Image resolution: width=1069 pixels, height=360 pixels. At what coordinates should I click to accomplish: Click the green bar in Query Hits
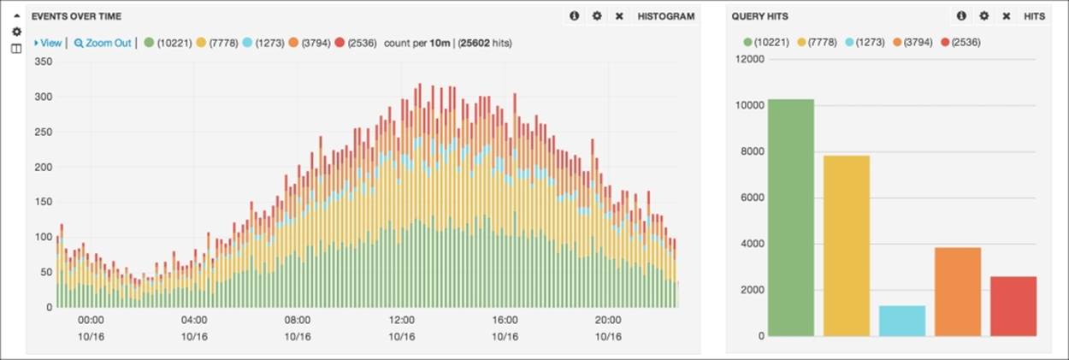[790, 218]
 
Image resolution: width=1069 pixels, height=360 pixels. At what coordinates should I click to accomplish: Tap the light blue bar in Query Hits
[901, 321]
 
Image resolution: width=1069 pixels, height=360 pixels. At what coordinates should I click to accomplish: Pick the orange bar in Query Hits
[957, 292]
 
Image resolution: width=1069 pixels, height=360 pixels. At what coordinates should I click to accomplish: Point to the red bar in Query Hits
[1013, 306]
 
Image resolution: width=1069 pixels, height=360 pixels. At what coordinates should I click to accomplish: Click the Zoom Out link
[103, 43]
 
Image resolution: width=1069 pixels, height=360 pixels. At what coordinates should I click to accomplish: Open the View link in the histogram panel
[48, 43]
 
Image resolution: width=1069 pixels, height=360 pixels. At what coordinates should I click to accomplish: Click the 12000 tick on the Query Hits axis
[749, 59]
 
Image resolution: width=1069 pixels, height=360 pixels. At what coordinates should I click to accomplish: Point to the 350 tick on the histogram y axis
[43, 62]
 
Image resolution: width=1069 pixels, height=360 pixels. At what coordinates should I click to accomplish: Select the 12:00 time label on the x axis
[401, 321]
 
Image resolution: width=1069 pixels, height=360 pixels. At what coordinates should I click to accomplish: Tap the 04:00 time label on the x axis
[194, 321]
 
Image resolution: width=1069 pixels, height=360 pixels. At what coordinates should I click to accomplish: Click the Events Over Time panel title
[76, 16]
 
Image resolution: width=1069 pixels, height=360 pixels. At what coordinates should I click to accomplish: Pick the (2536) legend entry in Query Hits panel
[960, 41]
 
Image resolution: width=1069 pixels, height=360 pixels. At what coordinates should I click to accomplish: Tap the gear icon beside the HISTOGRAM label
[597, 16]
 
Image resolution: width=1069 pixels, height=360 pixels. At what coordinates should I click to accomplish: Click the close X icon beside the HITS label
[1006, 16]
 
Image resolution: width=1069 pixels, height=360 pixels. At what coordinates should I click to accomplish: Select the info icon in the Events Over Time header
[574, 16]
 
